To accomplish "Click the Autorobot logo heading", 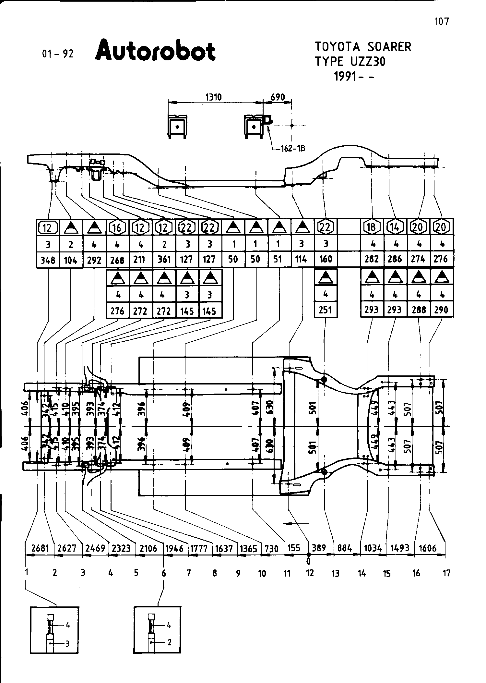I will coord(155,51).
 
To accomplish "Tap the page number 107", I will coord(442,22).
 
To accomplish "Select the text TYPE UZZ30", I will coord(350,61).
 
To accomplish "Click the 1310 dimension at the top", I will coord(214,97).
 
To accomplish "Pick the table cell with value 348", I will coord(48,260).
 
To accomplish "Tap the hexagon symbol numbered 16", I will coord(117,228).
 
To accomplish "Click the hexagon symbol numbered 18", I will coord(372,227).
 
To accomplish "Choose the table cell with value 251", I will coord(326,310).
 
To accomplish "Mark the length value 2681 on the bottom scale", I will coord(40,548).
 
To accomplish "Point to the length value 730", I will coord(271,549).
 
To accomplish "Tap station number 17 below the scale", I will coord(446,573).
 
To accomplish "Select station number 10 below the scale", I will coord(262,573).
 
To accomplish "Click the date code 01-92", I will coord(58,54).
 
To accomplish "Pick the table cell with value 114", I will coord(302,259).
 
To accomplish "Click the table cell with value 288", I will coord(419,310).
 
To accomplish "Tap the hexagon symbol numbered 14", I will coord(395,227).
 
